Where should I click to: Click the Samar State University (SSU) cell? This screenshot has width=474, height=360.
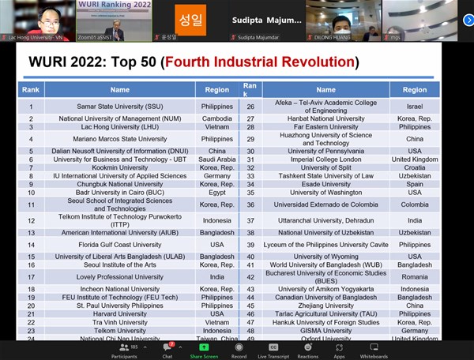tap(120, 107)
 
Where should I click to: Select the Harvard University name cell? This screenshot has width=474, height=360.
tap(120, 313)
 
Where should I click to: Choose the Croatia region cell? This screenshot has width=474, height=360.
tap(415, 167)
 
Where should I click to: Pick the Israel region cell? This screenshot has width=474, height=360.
tap(415, 107)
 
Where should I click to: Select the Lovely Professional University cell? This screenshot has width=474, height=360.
tap(120, 277)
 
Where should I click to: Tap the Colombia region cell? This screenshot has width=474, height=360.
tap(415, 204)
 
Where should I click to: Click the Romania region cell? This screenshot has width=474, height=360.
tap(415, 277)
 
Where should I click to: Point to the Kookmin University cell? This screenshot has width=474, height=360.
tap(120, 167)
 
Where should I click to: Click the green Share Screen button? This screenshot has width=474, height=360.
tap(204, 350)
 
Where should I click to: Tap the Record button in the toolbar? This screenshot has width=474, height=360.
tap(239, 350)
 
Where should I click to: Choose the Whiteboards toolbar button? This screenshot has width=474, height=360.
tap(373, 350)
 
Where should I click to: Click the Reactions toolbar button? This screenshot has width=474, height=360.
tap(307, 350)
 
